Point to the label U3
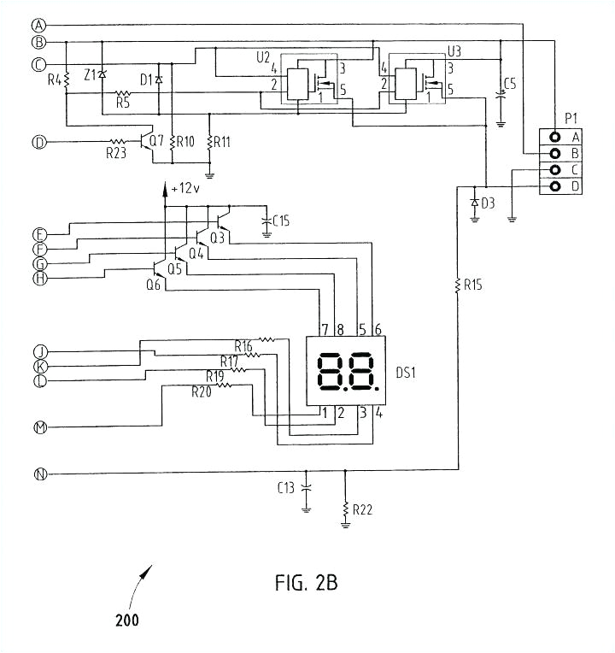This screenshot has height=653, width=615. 455,52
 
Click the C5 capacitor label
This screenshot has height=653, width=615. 510,83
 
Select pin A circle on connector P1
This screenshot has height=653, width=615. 555,137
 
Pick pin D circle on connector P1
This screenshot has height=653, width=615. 555,186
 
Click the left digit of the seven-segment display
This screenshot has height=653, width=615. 331,372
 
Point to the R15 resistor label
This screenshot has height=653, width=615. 470,284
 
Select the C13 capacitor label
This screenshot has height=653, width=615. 285,488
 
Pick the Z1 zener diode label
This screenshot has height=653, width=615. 90,75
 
